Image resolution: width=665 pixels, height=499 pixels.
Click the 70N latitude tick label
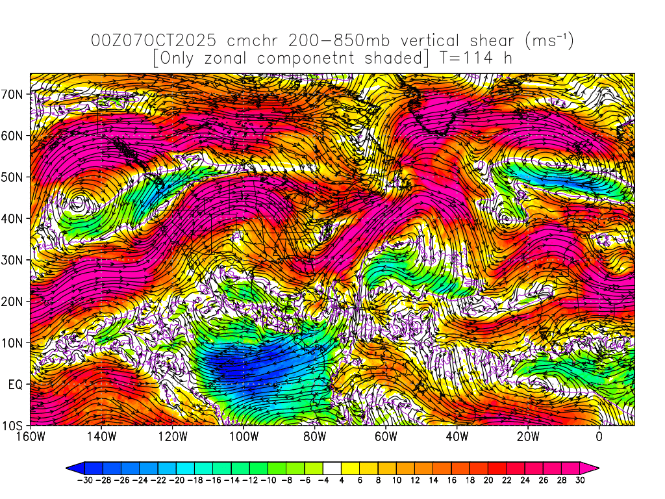pyautogui.click(x=14, y=94)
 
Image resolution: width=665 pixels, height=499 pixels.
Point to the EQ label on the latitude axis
pyautogui.click(x=16, y=385)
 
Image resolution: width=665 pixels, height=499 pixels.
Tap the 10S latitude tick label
pyautogui.click(x=14, y=426)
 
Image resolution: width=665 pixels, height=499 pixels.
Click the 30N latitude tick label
pyautogui.click(x=14, y=260)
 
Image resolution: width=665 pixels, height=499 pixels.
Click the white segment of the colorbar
pyautogui.click(x=332, y=467)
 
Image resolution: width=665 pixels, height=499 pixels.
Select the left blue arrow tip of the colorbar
pyautogui.click(x=70, y=467)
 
